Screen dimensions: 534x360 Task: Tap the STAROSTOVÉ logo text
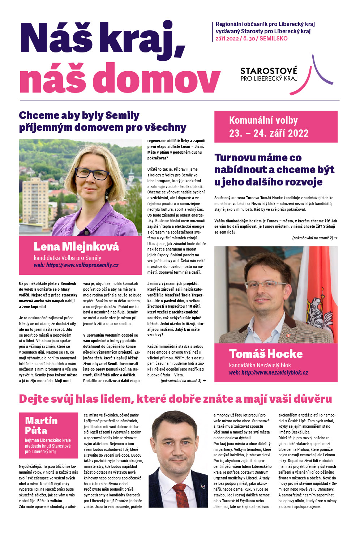pyautogui.click(x=269, y=71)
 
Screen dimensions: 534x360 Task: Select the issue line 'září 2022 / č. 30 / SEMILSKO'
pyautogui.click(x=252, y=39)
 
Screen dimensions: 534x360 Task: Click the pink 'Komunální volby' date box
pyautogui.click(x=276, y=127)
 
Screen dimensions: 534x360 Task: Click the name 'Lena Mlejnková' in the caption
pyautogui.click(x=76, y=247)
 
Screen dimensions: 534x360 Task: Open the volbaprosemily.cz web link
pyautogui.click(x=76, y=265)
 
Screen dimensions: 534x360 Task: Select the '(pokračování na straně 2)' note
pyautogui.click(x=314, y=238)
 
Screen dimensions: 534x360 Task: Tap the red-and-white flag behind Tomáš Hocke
pyautogui.click(x=322, y=293)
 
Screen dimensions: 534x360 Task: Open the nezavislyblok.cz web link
pyautogui.click(x=269, y=373)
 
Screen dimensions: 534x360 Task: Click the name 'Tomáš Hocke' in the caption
pyautogui.click(x=266, y=354)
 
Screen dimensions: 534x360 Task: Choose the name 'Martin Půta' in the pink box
pyautogui.click(x=41, y=425)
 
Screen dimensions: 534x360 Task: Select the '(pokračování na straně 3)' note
pyautogui.click(x=183, y=381)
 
